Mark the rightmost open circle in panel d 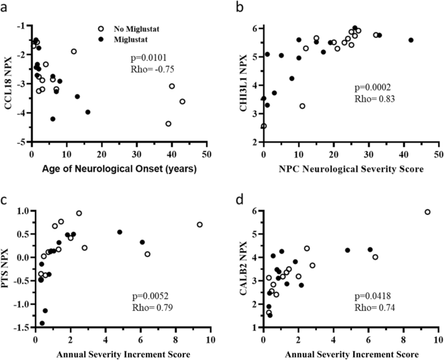pyautogui.click(x=427, y=212)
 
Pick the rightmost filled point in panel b pyautogui.click(x=411, y=40)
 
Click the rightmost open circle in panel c pyautogui.click(x=200, y=225)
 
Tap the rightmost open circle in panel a pyautogui.click(x=182, y=102)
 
